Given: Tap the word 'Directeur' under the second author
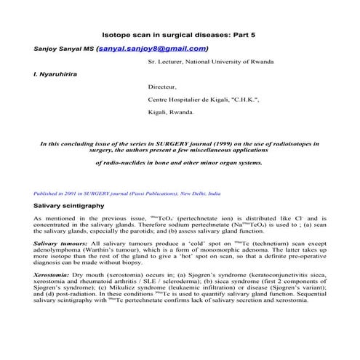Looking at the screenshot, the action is pos(162,87).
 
